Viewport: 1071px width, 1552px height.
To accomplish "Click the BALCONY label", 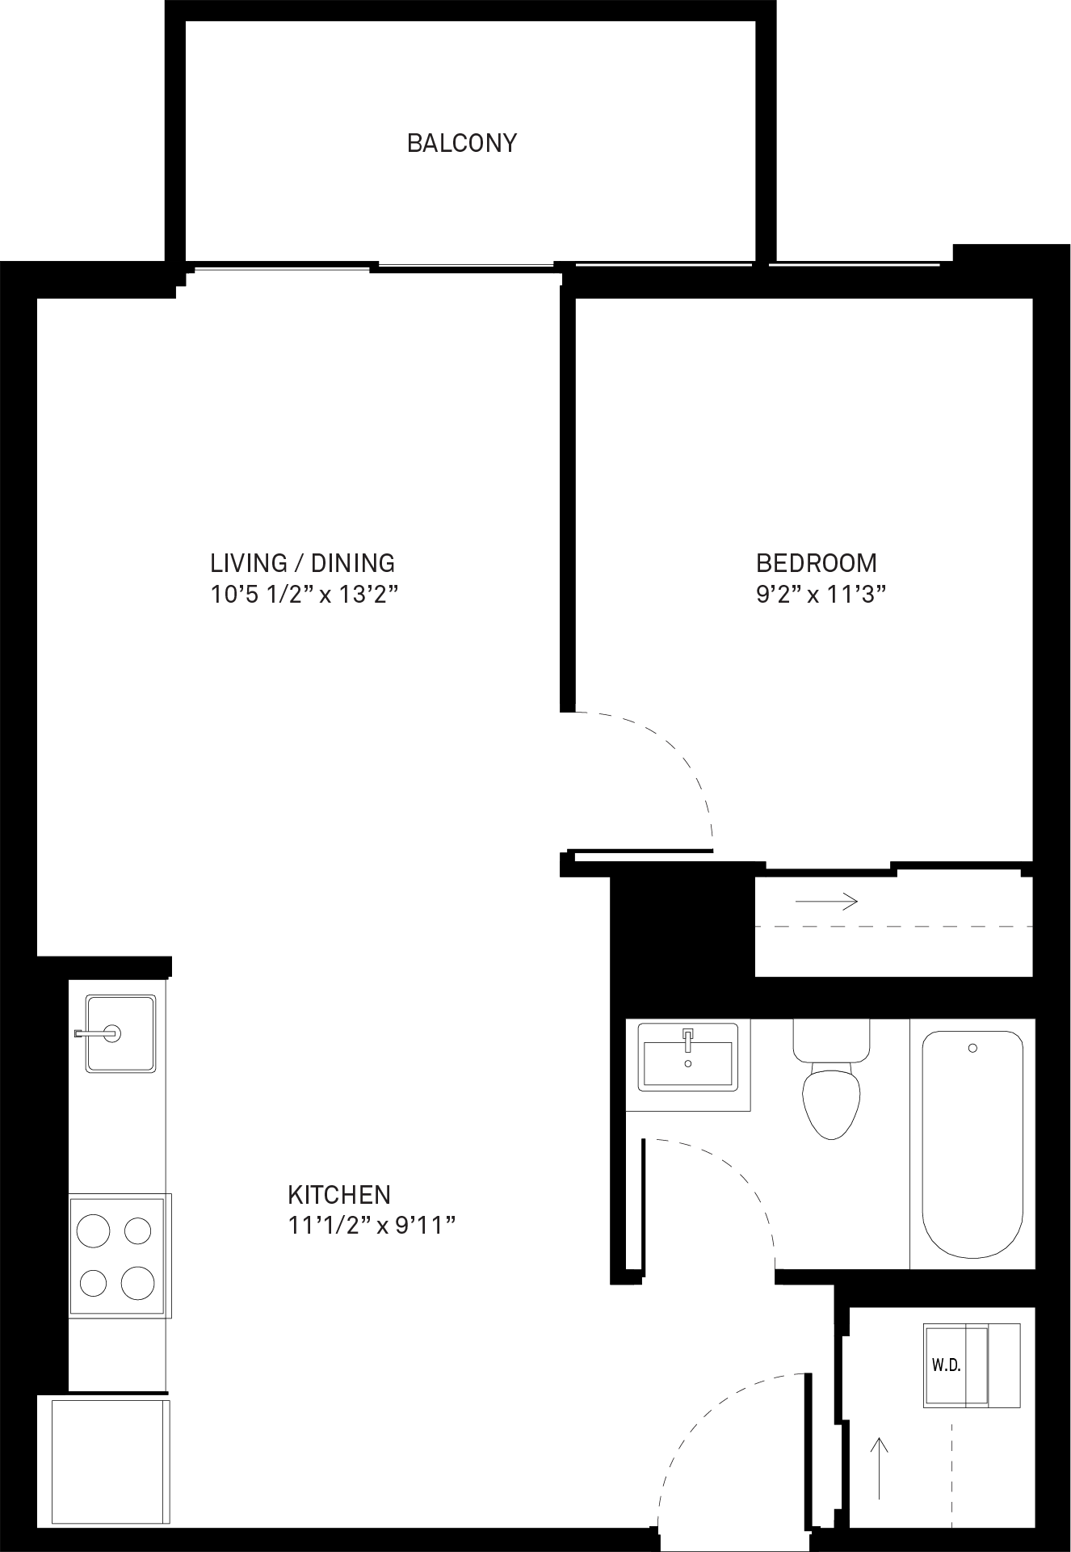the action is pyautogui.click(x=461, y=143).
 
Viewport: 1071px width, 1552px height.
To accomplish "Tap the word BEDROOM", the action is pyautogui.click(x=816, y=562).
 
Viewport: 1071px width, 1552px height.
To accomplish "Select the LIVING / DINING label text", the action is pyautogui.click(x=303, y=562).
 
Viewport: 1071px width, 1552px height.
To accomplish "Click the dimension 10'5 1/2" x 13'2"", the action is pyautogui.click(x=305, y=595).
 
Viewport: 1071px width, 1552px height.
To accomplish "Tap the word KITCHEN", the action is pyautogui.click(x=339, y=1194).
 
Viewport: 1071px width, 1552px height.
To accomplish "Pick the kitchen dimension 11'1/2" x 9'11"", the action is pyautogui.click(x=372, y=1226).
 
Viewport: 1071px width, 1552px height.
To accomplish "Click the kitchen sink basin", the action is pyautogui.click(x=120, y=1033).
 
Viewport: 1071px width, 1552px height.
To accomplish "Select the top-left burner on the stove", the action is pyautogui.click(x=93, y=1231).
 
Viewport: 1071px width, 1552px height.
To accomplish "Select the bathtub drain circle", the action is pyautogui.click(x=972, y=1048).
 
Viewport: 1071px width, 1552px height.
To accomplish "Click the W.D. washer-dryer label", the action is pyautogui.click(x=946, y=1366).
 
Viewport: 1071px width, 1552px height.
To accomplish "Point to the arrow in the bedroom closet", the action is pyautogui.click(x=826, y=900).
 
